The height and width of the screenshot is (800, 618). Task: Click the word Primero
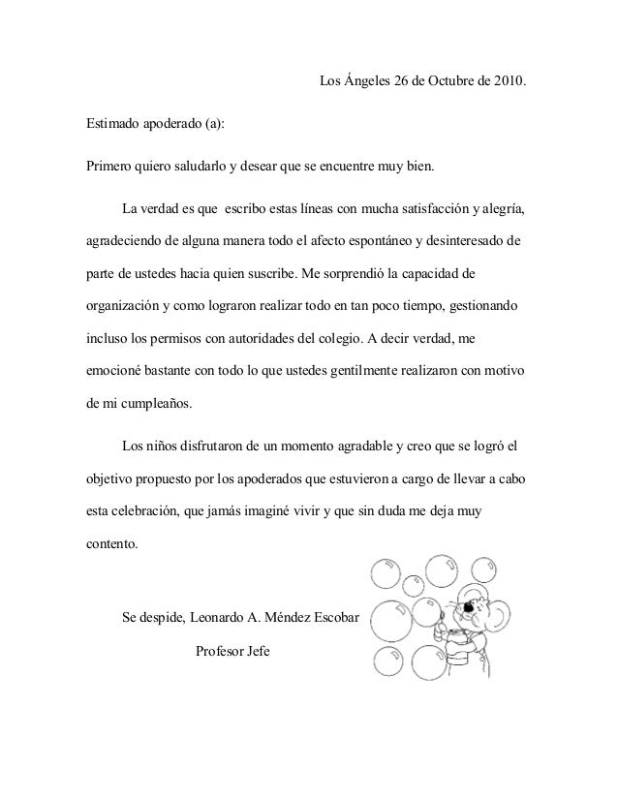coord(105,166)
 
